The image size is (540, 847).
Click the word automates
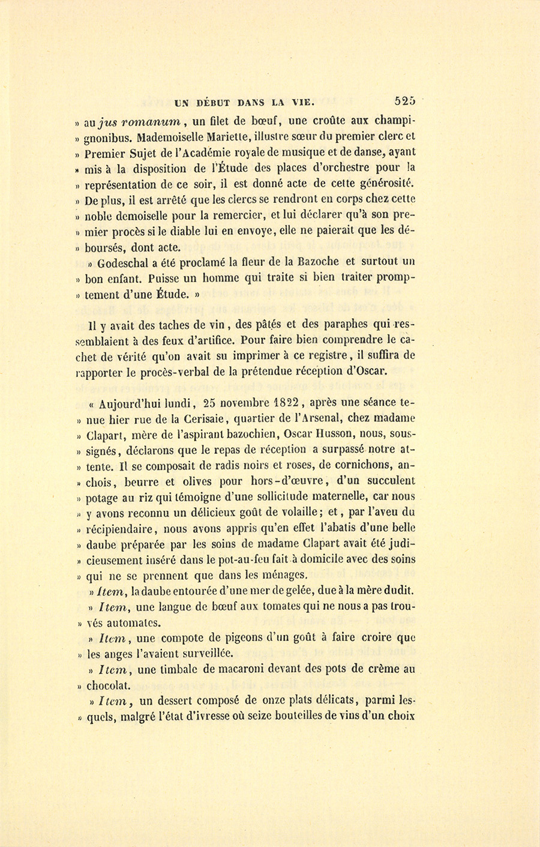[x=128, y=622]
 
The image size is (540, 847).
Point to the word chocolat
[x=109, y=685]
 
